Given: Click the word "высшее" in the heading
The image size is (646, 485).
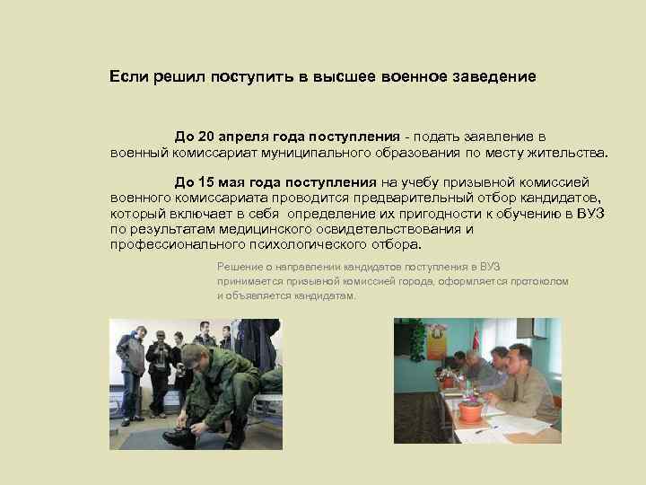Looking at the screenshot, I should click(340, 77).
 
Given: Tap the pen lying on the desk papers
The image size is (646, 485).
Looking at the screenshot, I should click(485, 430).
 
